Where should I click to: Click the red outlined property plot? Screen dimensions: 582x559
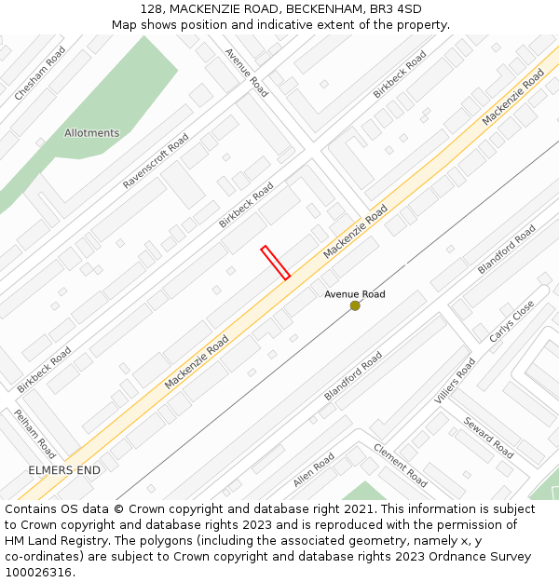(275, 263)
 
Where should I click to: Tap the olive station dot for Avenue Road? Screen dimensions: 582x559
(355, 305)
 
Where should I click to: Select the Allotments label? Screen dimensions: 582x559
(91, 133)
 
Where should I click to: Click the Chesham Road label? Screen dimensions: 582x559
(40, 74)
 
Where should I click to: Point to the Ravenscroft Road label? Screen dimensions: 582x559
(156, 161)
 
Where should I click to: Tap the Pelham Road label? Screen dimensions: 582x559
(34, 433)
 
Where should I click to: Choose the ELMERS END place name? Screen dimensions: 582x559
(64, 470)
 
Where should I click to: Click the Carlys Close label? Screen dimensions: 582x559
(512, 320)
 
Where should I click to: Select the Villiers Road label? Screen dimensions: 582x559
(455, 381)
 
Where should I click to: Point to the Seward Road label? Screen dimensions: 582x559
(489, 438)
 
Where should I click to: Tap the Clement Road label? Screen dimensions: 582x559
(401, 465)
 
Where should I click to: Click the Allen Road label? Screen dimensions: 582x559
(313, 470)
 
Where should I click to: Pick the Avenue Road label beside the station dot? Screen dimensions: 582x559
(354, 294)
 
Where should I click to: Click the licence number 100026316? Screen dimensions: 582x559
(38, 573)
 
